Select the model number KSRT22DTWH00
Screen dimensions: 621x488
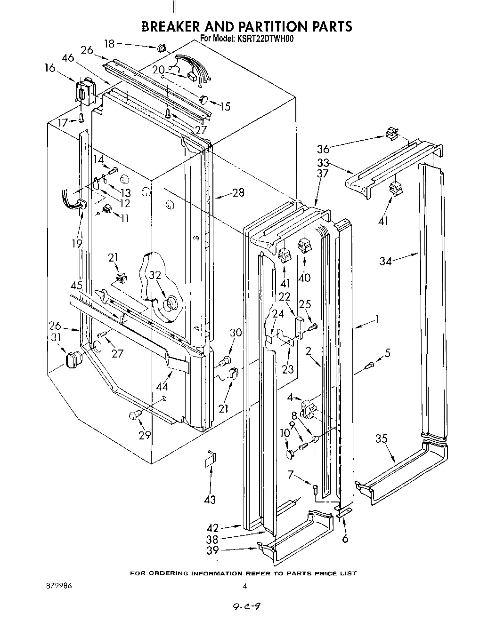pyautogui.click(x=266, y=39)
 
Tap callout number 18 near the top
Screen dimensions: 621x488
pyautogui.click(x=109, y=44)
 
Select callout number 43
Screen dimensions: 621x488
pyautogui.click(x=210, y=499)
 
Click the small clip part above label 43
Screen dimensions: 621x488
pyautogui.click(x=210, y=459)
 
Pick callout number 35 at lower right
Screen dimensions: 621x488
pyautogui.click(x=381, y=439)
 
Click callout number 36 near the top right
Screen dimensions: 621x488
pyautogui.click(x=323, y=149)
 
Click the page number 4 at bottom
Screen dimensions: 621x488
pyautogui.click(x=244, y=586)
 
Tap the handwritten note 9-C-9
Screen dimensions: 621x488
pyautogui.click(x=246, y=607)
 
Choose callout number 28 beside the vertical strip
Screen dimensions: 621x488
pyautogui.click(x=238, y=192)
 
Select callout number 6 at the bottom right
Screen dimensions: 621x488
pyautogui.click(x=345, y=539)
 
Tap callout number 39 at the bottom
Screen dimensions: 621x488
pyautogui.click(x=212, y=550)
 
